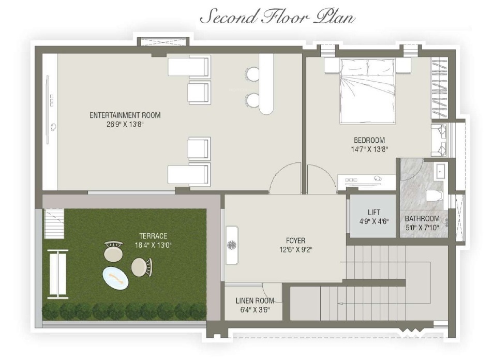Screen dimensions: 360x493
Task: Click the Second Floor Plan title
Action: coord(277,18)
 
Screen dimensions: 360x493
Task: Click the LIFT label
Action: coord(374,212)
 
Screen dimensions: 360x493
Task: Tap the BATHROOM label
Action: coord(422,218)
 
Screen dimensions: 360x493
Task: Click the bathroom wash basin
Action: coord(440,171)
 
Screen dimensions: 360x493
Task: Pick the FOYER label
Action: coord(295,241)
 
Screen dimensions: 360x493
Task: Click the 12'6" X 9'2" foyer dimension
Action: coord(295,249)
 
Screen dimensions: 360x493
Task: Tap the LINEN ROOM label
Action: coord(254,301)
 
